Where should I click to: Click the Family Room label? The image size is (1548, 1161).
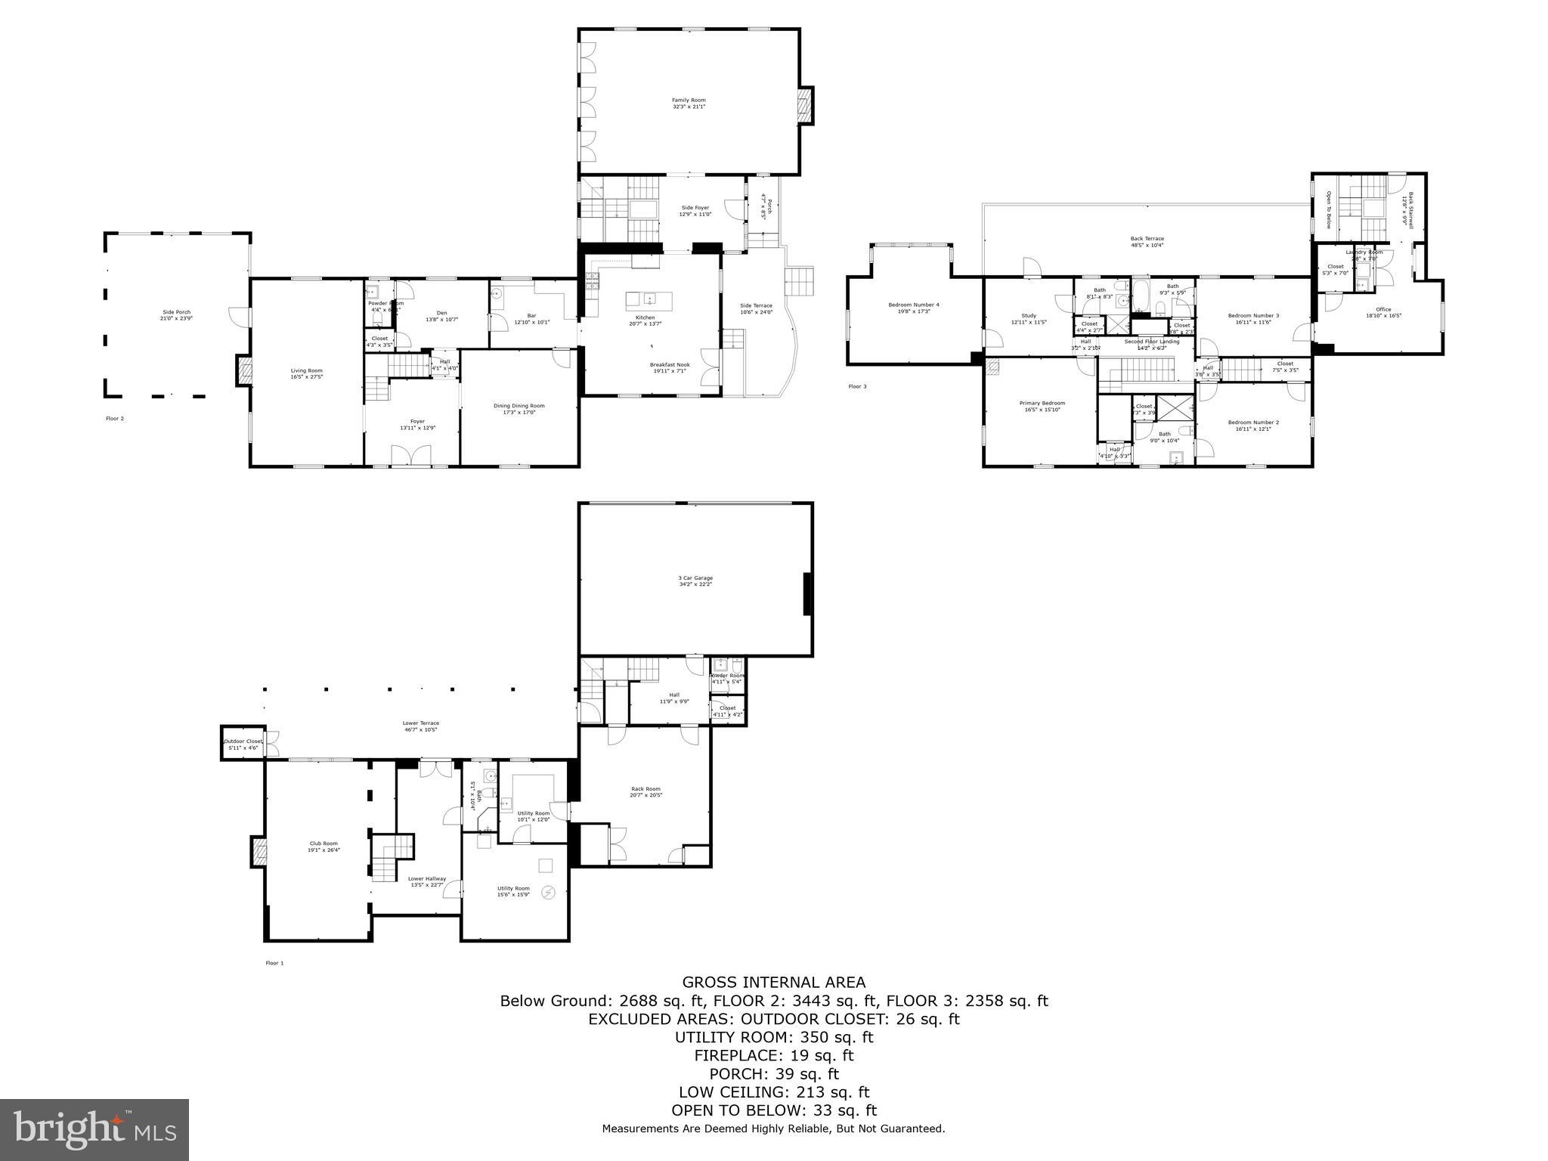689,103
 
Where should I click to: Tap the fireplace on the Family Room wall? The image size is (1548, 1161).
807,105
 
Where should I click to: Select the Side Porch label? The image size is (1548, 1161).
176,314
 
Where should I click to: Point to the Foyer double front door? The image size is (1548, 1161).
410,456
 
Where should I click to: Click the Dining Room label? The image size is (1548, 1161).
519,409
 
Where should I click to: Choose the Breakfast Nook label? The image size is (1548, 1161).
670,367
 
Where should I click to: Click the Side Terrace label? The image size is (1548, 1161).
756,308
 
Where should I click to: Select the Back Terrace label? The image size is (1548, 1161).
1147,241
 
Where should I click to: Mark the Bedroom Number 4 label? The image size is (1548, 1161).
913,308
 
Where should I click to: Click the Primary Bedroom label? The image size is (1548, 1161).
1042,406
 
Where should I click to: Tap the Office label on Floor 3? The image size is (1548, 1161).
1383,311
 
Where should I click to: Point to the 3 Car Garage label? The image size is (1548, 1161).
695,580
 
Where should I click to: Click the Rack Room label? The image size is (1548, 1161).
646,791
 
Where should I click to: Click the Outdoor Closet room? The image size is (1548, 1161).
242,744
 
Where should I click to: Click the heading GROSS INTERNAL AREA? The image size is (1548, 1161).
773,982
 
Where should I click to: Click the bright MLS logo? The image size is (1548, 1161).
94,1129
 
